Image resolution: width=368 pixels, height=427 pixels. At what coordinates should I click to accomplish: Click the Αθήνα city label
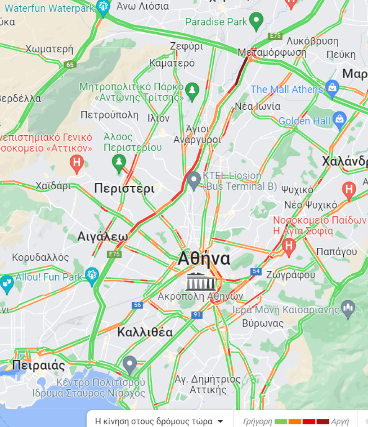point(204,259)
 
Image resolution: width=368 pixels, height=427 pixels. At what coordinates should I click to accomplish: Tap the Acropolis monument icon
point(201,281)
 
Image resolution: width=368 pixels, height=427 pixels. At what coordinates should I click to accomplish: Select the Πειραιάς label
point(39,365)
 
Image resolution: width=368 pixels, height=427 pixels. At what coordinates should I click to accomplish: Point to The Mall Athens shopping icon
point(332,87)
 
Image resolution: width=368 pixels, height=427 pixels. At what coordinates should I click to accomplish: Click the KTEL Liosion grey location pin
point(193,180)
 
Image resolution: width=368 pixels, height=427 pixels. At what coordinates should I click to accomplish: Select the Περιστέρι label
point(124,189)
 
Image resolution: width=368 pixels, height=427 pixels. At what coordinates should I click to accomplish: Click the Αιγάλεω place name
point(102,237)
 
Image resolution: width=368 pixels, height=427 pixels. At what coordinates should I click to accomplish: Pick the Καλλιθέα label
point(145,332)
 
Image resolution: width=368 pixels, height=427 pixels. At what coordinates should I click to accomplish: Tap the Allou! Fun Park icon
point(92,275)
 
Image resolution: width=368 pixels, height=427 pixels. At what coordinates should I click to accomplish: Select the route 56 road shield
point(137,305)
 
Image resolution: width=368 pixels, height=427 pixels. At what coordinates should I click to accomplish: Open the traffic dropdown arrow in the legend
point(220,421)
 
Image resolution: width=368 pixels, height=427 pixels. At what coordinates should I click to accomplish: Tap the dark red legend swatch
point(322,421)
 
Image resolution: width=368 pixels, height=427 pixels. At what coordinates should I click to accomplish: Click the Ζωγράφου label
point(290,275)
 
